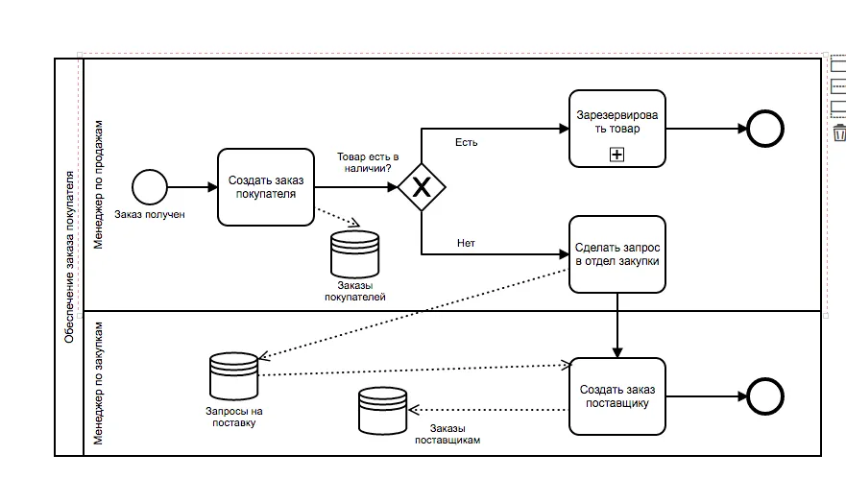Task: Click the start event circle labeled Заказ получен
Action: click(150, 187)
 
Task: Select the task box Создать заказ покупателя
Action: click(265, 187)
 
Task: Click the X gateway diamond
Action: click(422, 187)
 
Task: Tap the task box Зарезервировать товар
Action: click(616, 128)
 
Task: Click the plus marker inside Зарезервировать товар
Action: click(616, 154)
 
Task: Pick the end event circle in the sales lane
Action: click(765, 129)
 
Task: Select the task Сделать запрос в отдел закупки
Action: click(616, 253)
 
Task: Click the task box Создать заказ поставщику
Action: click(616, 395)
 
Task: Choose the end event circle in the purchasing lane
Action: click(765, 395)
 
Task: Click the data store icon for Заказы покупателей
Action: click(354, 254)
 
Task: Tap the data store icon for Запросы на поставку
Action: click(233, 377)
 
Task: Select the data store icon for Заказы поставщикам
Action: click(382, 411)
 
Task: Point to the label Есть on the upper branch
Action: click(466, 143)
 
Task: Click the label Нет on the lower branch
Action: click(466, 243)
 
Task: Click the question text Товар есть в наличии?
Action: click(366, 161)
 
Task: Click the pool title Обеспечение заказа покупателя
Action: click(69, 256)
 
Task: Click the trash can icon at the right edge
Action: click(839, 132)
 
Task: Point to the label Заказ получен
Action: click(149, 214)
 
